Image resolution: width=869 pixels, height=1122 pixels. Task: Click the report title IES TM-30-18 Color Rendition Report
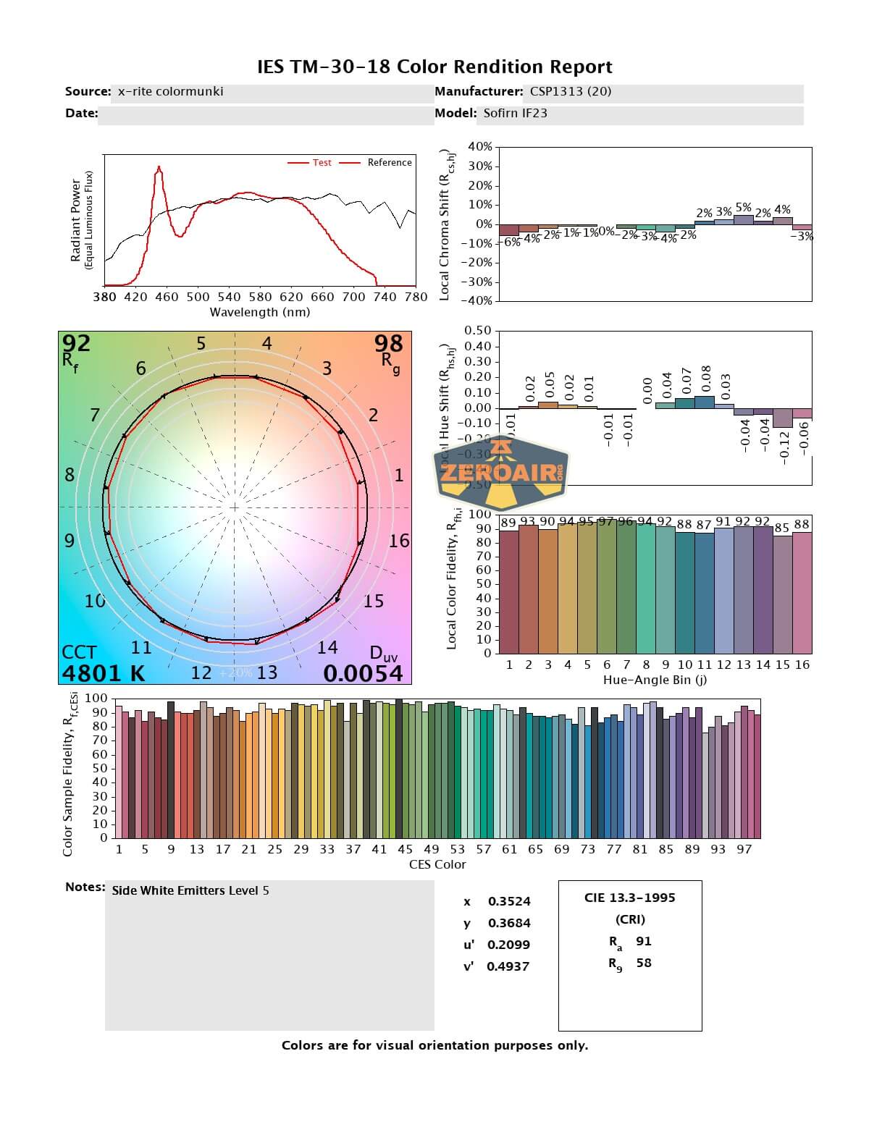tap(434, 67)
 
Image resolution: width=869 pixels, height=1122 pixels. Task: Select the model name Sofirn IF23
tap(515, 113)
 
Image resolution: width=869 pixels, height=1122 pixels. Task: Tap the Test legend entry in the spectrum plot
tap(322, 163)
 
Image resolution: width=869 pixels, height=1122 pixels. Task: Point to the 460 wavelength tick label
tap(167, 297)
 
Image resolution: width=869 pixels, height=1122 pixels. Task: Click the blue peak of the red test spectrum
tap(159, 169)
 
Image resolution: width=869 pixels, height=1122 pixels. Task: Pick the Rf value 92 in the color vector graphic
tap(76, 342)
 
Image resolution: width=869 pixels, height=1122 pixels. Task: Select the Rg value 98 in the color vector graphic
tap(389, 342)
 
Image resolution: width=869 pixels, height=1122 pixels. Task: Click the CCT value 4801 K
tap(104, 673)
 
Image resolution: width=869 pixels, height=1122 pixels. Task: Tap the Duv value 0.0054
tap(363, 673)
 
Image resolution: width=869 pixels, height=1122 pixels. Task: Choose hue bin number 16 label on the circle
tap(399, 541)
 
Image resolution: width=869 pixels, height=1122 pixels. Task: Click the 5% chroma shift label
tap(743, 208)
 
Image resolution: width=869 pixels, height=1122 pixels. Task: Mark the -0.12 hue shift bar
tap(782, 418)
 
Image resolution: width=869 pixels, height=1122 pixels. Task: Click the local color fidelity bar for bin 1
tap(509, 592)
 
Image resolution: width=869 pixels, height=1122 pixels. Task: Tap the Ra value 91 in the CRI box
tap(643, 941)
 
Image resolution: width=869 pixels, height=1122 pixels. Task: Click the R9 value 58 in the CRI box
tap(643, 963)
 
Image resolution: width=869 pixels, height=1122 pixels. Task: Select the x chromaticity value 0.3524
tap(509, 901)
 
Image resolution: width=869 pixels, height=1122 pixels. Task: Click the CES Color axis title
tap(437, 864)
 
